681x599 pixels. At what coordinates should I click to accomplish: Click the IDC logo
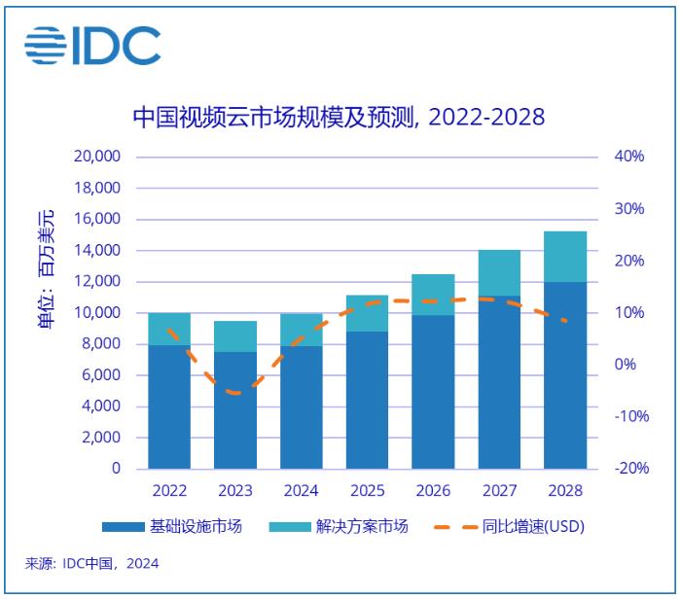tap(93, 46)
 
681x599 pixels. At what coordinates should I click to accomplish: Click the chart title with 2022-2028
tap(339, 118)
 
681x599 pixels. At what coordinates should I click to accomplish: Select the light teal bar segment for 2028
tap(565, 257)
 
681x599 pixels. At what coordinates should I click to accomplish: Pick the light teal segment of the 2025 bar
tap(368, 313)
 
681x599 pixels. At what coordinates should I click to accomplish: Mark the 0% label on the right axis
tap(627, 365)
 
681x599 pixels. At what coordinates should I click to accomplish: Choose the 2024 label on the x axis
tap(302, 491)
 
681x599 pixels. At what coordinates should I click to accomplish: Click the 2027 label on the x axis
tap(499, 491)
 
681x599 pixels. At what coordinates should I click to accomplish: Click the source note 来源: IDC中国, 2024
tap(91, 563)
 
